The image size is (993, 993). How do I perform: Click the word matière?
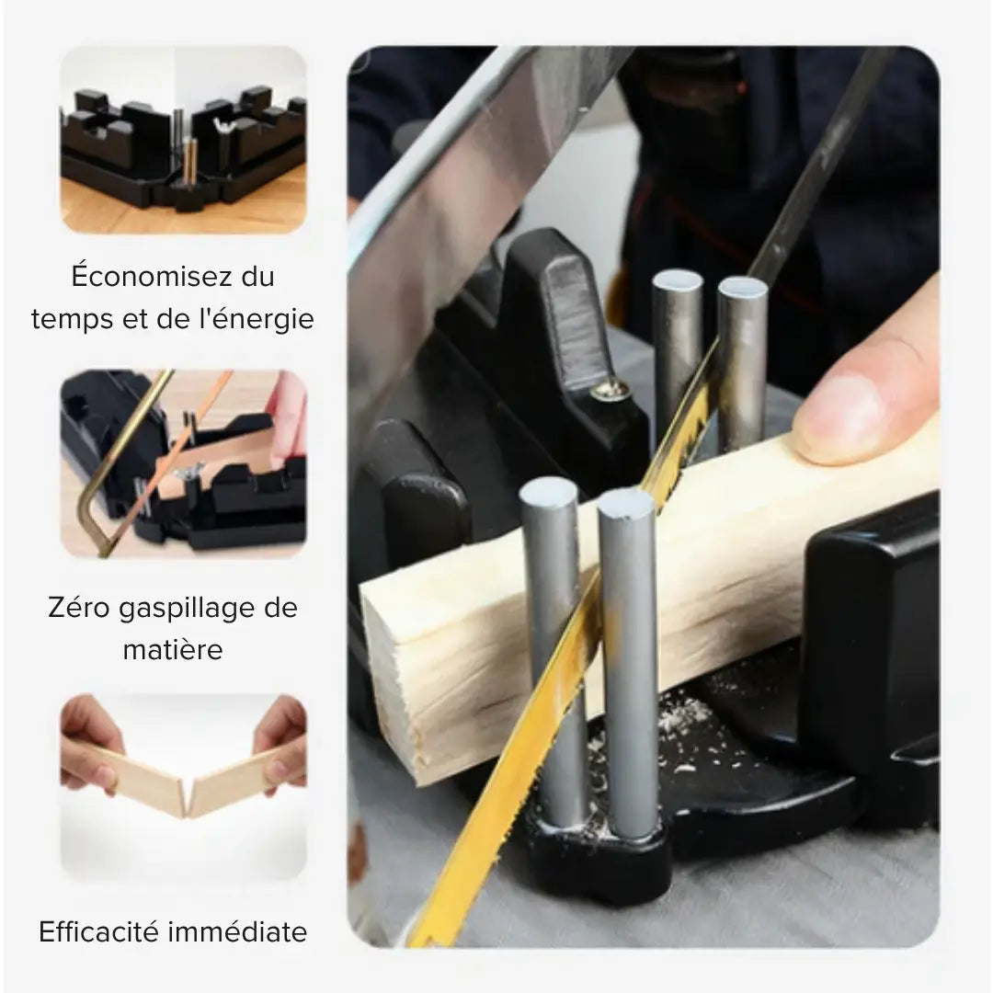click(173, 650)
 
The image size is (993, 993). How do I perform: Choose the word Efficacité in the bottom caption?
click(99, 932)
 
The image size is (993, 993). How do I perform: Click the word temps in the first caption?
click(67, 319)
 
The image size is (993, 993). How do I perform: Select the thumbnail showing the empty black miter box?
click(183, 139)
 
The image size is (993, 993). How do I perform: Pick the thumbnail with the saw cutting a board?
click(183, 463)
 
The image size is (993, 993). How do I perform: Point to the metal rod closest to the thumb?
click(743, 359)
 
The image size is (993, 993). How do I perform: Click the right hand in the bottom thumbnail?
click(280, 740)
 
